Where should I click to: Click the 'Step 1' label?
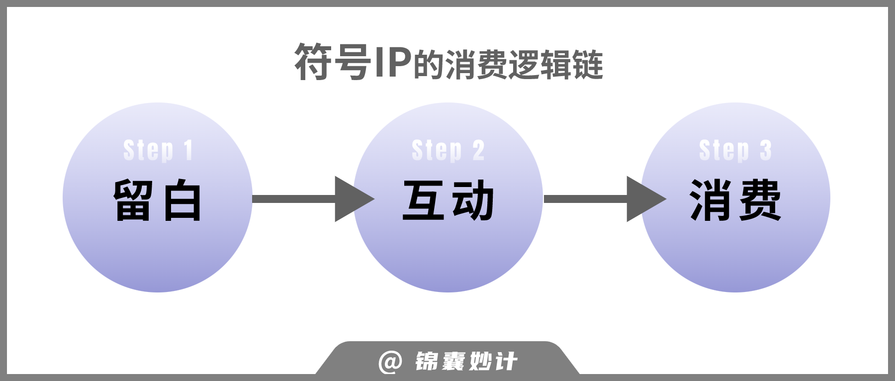pos(158,150)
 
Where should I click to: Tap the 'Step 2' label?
pos(447,150)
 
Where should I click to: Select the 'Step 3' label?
pos(735,150)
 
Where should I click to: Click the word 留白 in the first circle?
pos(157,200)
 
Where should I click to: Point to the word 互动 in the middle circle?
pos(448,200)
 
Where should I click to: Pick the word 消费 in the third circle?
pos(735,200)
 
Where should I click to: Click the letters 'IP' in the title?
pos(393,62)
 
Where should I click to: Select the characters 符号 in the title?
pos(333,62)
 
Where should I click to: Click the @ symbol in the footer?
pos(390,362)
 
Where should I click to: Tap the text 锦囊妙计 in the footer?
pos(466,362)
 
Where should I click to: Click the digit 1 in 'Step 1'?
pos(188,150)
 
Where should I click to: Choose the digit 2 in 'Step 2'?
pos(478,150)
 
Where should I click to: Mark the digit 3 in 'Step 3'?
pos(766,150)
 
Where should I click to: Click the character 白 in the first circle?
pos(182,200)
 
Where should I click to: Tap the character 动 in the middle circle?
pos(473,200)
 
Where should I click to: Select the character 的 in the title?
pos(429,65)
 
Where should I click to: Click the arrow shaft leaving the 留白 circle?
pos(294,199)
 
